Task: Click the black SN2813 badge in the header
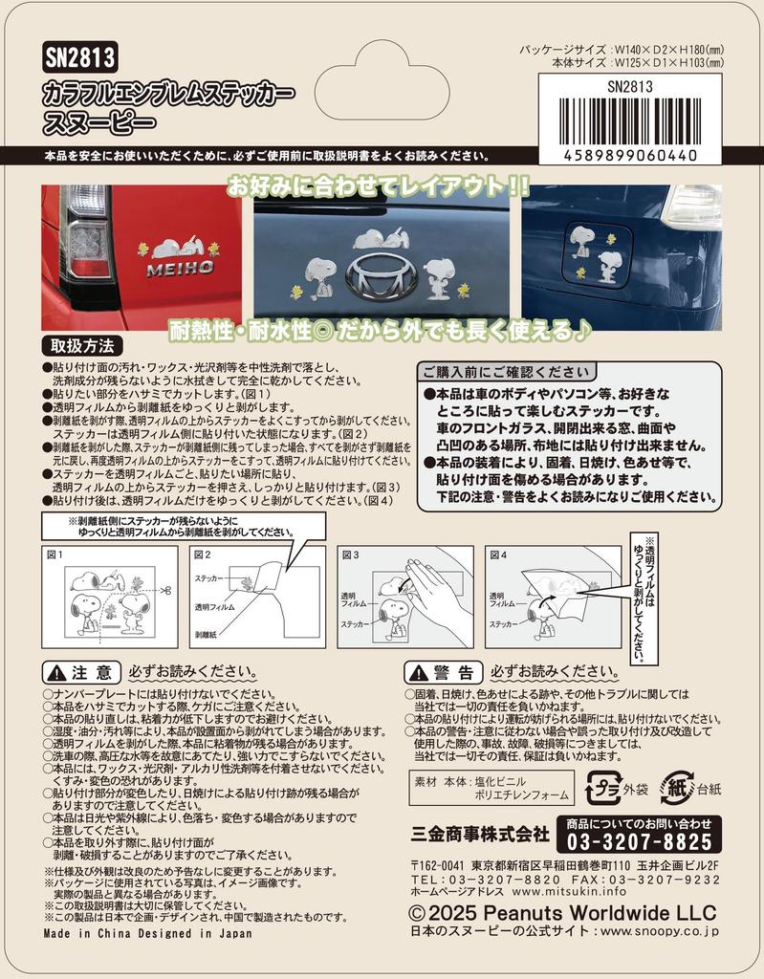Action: [x=80, y=58]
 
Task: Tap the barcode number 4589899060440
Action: [x=630, y=155]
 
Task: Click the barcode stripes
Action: [x=630, y=121]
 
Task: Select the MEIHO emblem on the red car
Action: [x=181, y=269]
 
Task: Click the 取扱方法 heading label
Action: [x=82, y=346]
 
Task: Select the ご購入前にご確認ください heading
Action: [x=507, y=372]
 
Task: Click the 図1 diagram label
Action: [x=55, y=555]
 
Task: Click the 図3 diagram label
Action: [x=351, y=555]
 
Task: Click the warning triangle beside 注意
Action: [x=56, y=672]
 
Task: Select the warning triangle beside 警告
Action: [x=418, y=672]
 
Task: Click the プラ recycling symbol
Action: [x=603, y=788]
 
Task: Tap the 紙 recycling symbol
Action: [x=677, y=788]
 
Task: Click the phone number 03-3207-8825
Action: [x=639, y=841]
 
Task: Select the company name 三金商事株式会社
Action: [x=480, y=834]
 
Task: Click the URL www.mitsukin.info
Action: [x=569, y=891]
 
